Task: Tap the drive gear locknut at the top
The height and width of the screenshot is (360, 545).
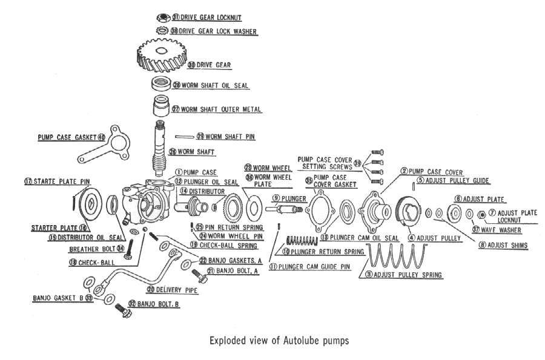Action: tap(162, 17)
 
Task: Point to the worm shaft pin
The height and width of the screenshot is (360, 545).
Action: tap(184, 137)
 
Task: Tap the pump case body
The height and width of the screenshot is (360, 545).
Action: tap(142, 200)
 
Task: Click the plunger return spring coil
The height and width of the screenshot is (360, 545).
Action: tap(303, 240)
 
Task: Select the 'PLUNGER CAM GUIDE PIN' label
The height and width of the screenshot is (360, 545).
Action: tap(314, 266)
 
